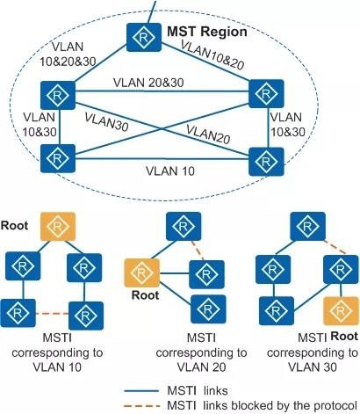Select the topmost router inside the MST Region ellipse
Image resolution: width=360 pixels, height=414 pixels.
[x=140, y=36]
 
